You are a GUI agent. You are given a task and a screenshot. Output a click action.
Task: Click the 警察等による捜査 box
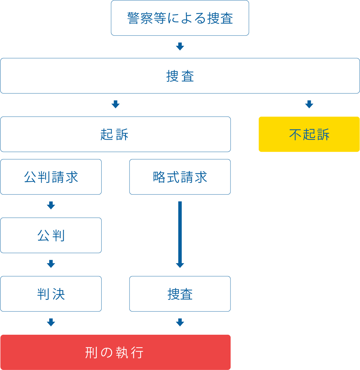click(x=180, y=18)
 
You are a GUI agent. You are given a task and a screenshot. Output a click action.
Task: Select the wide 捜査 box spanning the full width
click(x=180, y=76)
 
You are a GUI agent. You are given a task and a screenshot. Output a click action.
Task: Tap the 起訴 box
click(x=115, y=134)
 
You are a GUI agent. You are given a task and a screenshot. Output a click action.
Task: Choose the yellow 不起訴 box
click(x=309, y=134)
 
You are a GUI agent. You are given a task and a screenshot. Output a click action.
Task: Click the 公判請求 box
click(x=51, y=177)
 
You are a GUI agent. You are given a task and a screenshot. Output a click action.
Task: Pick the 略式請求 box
click(x=180, y=177)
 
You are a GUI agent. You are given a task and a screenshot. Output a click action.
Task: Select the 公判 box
click(x=51, y=235)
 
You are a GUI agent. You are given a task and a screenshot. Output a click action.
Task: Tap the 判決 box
click(x=51, y=294)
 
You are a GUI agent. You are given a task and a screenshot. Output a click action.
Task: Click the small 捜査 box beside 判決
click(x=180, y=294)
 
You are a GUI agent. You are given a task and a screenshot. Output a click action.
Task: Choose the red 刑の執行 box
click(x=115, y=352)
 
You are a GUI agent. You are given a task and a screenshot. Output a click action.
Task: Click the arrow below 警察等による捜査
click(x=180, y=46)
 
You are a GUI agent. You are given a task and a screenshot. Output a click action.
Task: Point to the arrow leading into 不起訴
click(x=309, y=104)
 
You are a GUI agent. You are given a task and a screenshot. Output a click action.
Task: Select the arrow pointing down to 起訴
click(x=116, y=104)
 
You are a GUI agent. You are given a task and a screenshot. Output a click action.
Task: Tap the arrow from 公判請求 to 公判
click(x=51, y=205)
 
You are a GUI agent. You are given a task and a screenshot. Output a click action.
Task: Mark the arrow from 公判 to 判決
click(x=51, y=264)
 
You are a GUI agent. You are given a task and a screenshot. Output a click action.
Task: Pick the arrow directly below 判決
click(x=51, y=322)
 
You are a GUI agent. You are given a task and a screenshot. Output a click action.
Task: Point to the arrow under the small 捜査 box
click(x=180, y=322)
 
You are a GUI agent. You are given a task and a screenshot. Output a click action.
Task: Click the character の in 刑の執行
click(x=107, y=353)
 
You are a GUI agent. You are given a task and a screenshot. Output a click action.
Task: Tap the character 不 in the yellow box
click(x=295, y=134)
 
